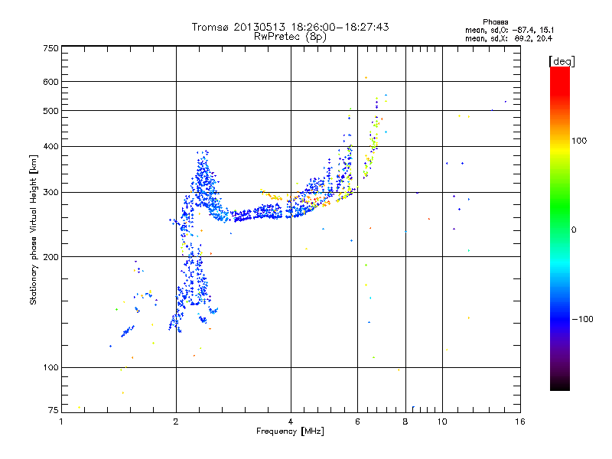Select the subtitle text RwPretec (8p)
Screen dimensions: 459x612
point(291,36)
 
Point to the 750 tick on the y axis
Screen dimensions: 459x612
point(50,48)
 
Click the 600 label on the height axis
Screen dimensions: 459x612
point(50,82)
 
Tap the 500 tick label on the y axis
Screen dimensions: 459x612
point(50,111)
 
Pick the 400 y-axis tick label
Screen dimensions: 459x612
point(50,146)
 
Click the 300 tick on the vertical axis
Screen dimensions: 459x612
point(50,192)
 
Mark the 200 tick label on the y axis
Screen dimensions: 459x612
point(50,257)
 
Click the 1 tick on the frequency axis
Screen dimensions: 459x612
point(62,421)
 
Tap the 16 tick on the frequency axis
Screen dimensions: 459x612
point(519,421)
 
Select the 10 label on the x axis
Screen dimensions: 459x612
point(443,421)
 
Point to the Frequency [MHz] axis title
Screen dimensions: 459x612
point(290,431)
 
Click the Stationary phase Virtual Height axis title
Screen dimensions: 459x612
point(34,230)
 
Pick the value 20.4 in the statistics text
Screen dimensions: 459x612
point(543,38)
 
